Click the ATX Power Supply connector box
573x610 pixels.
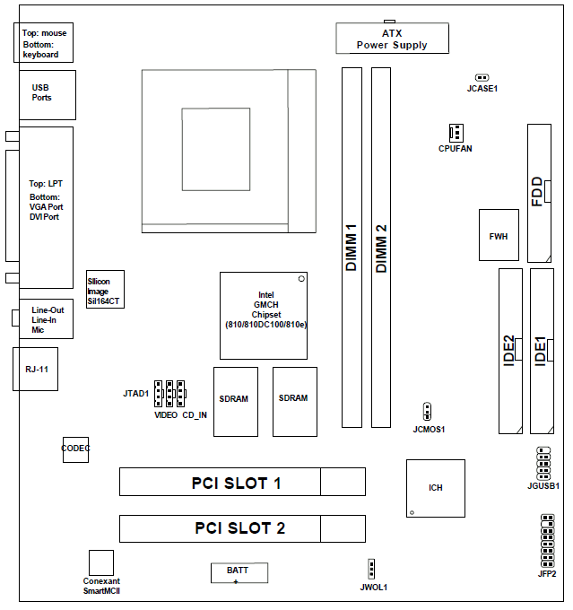click(x=392, y=39)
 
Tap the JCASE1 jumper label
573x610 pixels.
click(x=482, y=89)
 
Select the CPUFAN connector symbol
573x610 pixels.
click(x=456, y=133)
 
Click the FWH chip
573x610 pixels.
click(x=498, y=235)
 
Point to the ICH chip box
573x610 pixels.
click(x=436, y=488)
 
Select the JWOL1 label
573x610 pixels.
click(x=372, y=587)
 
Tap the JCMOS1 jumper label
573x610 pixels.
click(x=429, y=430)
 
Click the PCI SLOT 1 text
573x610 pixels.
click(x=237, y=483)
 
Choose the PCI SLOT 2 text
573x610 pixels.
click(x=239, y=527)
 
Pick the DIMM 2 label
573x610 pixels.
click(x=381, y=248)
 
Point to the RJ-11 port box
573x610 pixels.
click(x=36, y=369)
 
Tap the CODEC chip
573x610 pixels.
click(x=75, y=448)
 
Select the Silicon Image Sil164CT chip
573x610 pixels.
click(x=103, y=292)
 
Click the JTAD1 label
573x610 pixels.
click(x=136, y=394)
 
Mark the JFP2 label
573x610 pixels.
click(x=547, y=573)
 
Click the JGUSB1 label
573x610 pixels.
click(x=543, y=486)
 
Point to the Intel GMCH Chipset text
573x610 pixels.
click(x=265, y=309)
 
